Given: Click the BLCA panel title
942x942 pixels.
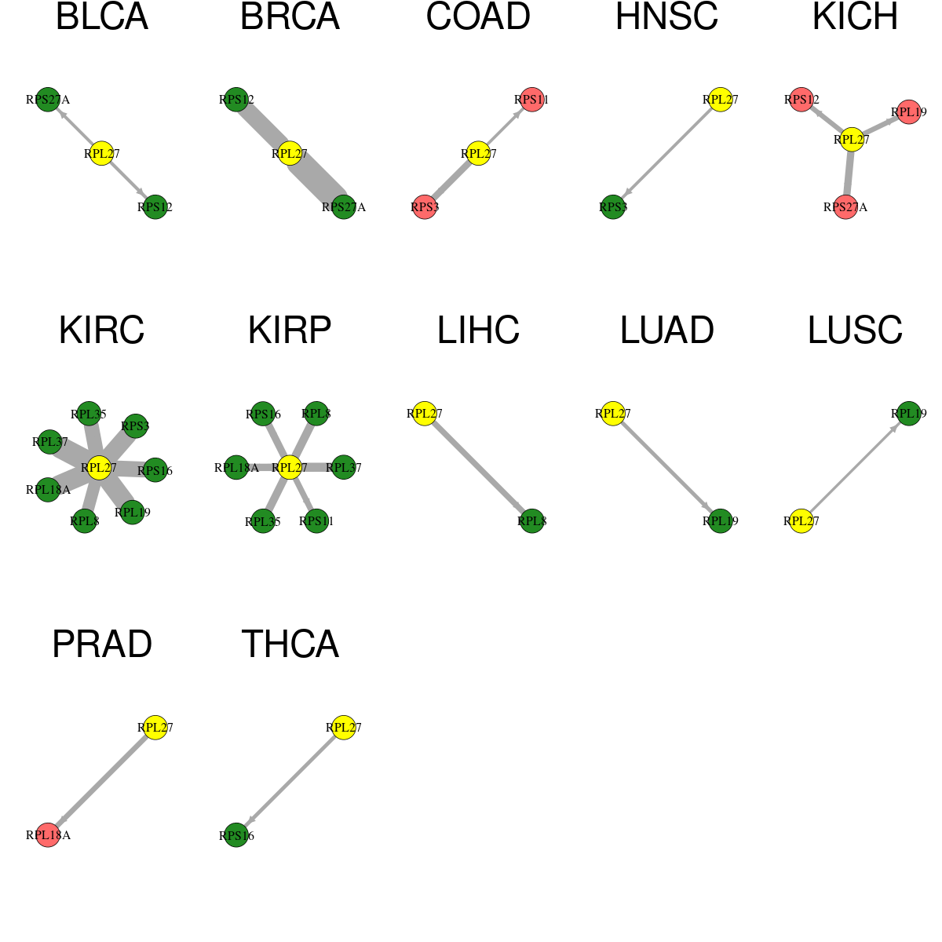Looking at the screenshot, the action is pyautogui.click(x=102, y=16).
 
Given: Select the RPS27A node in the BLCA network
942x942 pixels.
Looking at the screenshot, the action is pyautogui.click(x=48, y=100).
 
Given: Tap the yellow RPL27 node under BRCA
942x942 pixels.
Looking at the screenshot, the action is pyautogui.click(x=290, y=154).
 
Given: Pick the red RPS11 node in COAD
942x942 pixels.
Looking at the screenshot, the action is pyautogui.click(x=532, y=100).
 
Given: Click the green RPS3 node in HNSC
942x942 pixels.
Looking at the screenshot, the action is pyautogui.click(x=613, y=207).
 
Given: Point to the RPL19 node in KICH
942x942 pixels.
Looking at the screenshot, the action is pyautogui.click(x=909, y=112).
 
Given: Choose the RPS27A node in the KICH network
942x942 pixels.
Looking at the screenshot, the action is pyautogui.click(x=845, y=207).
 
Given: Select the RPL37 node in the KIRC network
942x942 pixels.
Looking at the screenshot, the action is pyautogui.click(x=50, y=442).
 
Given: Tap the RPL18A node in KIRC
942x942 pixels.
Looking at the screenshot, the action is pyautogui.click(x=48, y=490).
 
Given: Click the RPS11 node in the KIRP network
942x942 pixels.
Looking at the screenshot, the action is pyautogui.click(x=316, y=521).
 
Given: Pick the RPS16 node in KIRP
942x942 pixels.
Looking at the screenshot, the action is pyautogui.click(x=263, y=414).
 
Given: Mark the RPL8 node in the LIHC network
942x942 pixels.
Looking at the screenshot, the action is pyautogui.click(x=532, y=521).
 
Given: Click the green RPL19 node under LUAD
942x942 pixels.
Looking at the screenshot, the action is pyautogui.click(x=720, y=521).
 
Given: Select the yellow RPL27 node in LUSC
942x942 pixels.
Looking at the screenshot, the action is pyautogui.click(x=801, y=521).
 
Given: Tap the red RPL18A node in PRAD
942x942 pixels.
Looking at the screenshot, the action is pyautogui.click(x=48, y=835).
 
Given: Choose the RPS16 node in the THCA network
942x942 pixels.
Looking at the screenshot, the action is pyautogui.click(x=236, y=835).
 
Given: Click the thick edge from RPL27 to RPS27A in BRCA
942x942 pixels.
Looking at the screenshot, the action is pyautogui.click(x=317, y=181).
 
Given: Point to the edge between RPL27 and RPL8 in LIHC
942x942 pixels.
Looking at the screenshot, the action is pyautogui.click(x=478, y=467).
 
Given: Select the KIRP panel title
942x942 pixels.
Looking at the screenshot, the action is pyautogui.click(x=290, y=330).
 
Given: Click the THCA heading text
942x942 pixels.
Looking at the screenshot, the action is pyautogui.click(x=290, y=644).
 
